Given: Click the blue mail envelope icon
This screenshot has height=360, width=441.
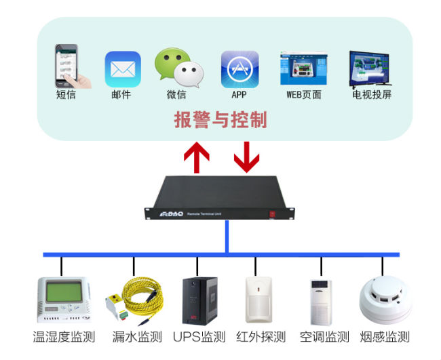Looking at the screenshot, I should tap(122, 68).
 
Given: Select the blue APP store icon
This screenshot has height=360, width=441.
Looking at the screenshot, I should tap(239, 68).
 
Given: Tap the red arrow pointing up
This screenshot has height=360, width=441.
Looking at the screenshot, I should tap(197, 157).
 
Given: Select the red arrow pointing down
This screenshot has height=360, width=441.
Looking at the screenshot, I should tap(246, 155).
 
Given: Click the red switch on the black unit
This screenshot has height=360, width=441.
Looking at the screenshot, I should tap(272, 214).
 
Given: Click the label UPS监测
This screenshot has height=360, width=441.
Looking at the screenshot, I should tap(199, 337).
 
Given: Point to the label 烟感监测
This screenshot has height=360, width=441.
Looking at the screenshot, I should tap(385, 337).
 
